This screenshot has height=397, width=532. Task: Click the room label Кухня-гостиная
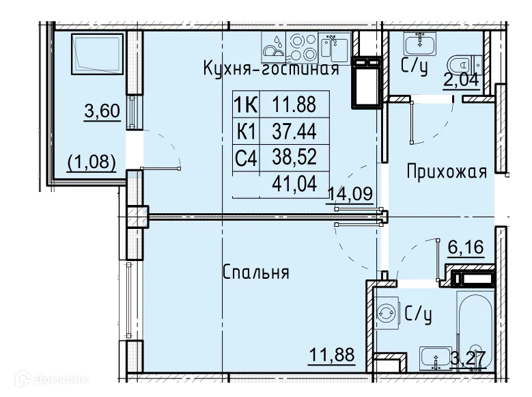tap(270, 69)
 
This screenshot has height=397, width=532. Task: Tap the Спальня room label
tap(256, 273)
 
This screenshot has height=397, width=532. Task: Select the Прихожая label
tap(447, 171)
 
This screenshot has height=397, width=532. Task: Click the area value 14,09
tap(350, 193)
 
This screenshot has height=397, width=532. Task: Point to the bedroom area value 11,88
tap(331, 355)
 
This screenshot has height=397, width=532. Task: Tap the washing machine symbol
tap(387, 313)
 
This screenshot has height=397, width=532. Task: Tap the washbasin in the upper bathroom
tap(417, 44)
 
